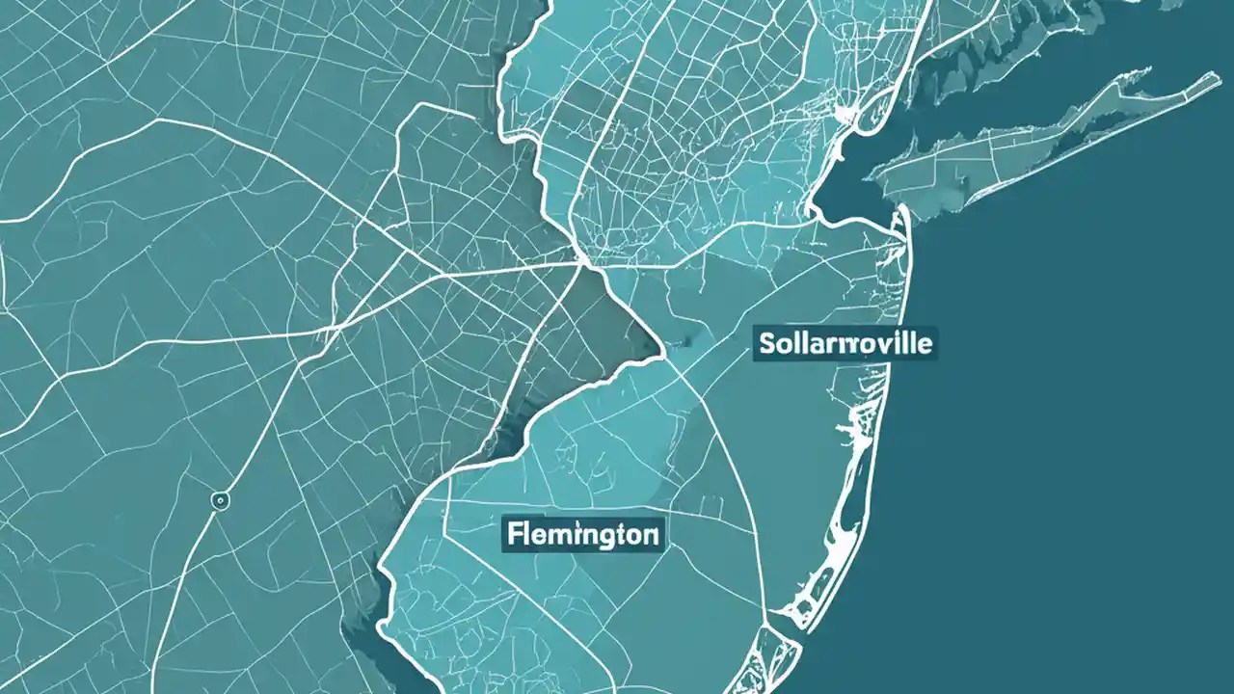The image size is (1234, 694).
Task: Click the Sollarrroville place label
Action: point(845,343)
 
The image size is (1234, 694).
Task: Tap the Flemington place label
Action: point(582,533)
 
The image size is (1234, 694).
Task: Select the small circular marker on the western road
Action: point(221,500)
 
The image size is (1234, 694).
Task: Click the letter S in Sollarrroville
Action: point(766,343)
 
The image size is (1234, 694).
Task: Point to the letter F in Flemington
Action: point(511,533)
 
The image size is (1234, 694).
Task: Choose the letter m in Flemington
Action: point(553,534)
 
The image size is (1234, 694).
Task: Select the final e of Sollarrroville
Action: point(926,344)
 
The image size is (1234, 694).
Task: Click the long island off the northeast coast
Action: point(1041,140)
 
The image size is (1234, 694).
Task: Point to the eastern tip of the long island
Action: point(1217,80)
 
